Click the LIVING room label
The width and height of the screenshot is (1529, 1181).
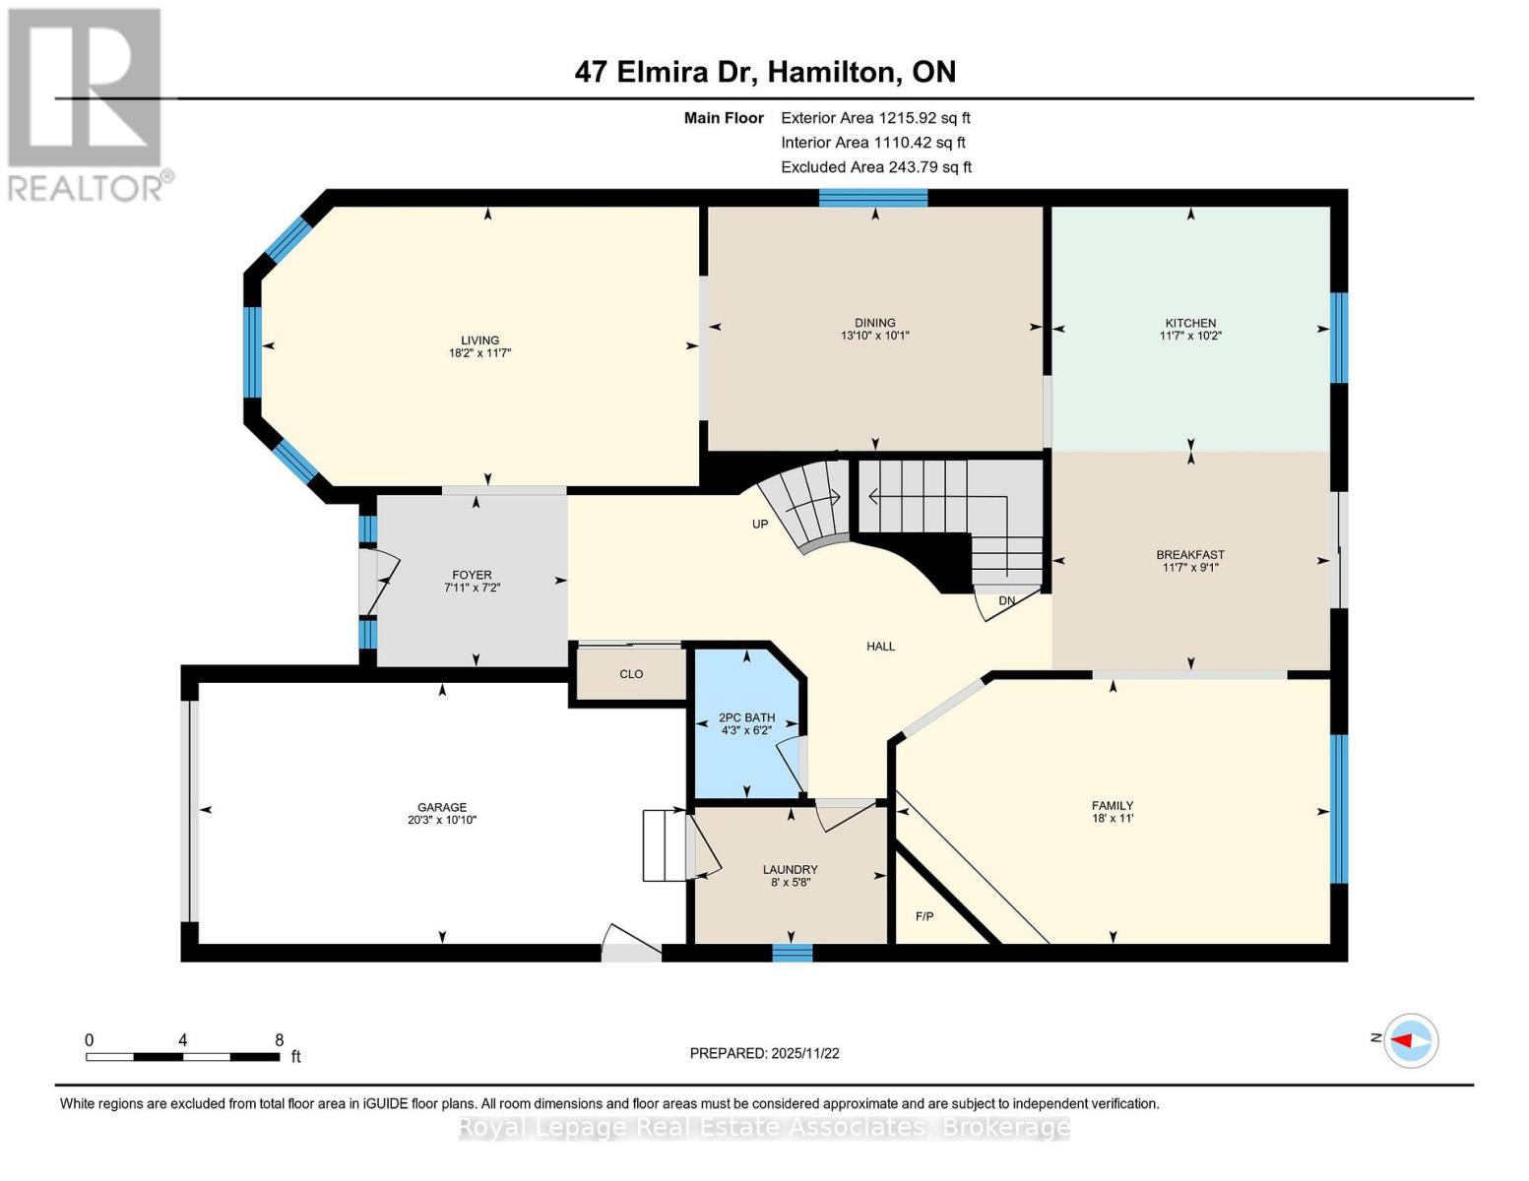click(x=479, y=341)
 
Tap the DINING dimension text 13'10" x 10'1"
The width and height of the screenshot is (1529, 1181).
click(x=874, y=336)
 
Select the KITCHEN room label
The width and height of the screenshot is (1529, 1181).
click(x=1190, y=323)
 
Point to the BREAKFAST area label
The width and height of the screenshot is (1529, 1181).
click(x=1190, y=555)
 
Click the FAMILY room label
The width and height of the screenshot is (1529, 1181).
click(x=1113, y=805)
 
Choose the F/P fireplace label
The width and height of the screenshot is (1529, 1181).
click(x=924, y=916)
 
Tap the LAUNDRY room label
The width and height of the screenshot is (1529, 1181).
click(x=790, y=870)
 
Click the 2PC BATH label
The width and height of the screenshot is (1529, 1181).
click(x=746, y=718)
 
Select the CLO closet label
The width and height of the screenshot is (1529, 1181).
click(x=631, y=674)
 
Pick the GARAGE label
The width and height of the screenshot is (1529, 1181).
click(x=441, y=807)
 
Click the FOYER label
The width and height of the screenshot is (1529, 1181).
click(x=472, y=576)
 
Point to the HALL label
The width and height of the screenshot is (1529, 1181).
click(x=880, y=647)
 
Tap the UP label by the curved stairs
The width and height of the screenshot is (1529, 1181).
click(x=760, y=525)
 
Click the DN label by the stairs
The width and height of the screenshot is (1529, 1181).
click(x=1006, y=600)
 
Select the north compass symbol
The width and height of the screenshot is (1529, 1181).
click(x=1411, y=1040)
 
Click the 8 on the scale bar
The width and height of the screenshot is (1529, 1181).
click(x=279, y=1040)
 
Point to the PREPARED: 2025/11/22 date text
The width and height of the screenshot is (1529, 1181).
click(x=764, y=1053)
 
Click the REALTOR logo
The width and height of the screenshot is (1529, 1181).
click(x=87, y=103)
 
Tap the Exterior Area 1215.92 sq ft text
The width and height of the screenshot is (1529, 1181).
click(x=875, y=118)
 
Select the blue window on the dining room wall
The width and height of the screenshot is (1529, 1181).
click(x=873, y=198)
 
